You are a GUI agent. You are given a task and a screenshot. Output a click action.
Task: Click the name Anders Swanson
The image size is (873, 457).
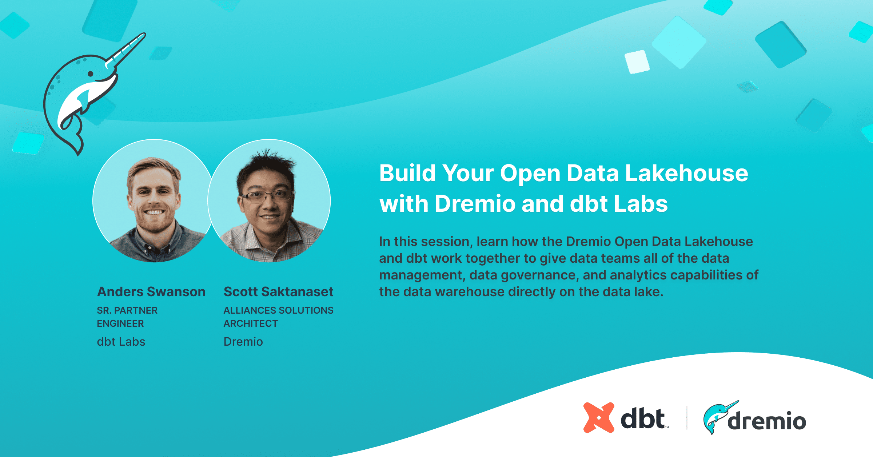[x=151, y=292]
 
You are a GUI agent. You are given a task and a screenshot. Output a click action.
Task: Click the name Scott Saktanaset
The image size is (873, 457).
[x=278, y=292]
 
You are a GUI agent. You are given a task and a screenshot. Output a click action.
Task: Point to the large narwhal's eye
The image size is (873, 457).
[x=91, y=74]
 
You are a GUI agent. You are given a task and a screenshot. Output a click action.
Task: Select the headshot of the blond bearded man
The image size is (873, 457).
[x=154, y=201]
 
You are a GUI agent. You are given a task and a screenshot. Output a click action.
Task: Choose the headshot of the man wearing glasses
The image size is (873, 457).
[x=269, y=201]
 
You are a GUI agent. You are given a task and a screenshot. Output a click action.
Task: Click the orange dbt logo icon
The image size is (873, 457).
[x=599, y=418]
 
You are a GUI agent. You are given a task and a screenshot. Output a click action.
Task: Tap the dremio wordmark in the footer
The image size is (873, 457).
[x=766, y=421]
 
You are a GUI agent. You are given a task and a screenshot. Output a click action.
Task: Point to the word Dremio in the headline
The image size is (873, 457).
[x=475, y=203]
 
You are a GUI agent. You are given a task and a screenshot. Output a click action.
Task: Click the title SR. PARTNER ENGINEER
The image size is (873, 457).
[x=127, y=317]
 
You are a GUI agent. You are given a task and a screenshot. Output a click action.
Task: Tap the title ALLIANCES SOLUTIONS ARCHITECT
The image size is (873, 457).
[x=278, y=317]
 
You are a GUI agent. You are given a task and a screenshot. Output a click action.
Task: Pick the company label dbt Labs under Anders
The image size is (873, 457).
[x=121, y=342]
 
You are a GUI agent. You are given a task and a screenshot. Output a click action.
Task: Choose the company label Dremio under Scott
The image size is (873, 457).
[x=243, y=342]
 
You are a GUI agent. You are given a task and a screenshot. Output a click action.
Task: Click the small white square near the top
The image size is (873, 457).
[x=637, y=62]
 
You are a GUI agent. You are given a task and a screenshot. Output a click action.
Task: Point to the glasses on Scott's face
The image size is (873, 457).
[x=268, y=196]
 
